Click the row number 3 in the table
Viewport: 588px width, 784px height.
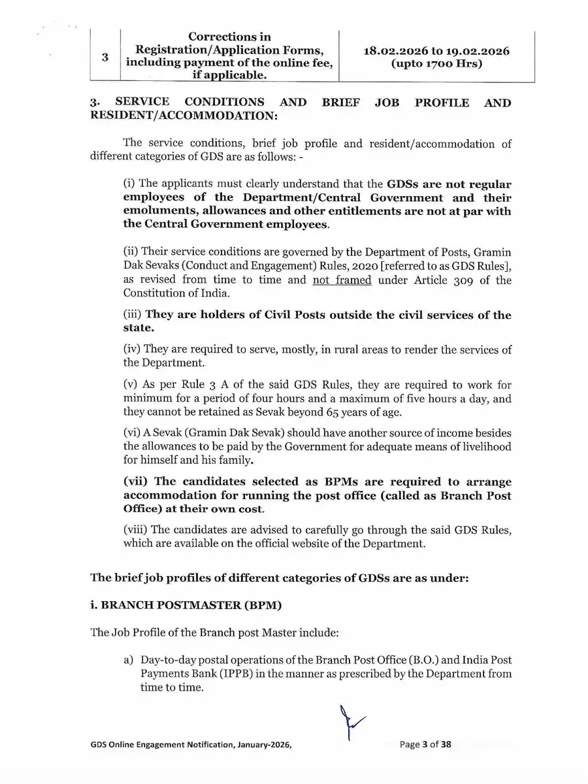click(105, 56)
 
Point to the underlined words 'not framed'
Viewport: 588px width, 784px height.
click(342, 280)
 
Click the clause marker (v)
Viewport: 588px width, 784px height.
click(133, 384)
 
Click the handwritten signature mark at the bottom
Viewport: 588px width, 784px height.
click(349, 722)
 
